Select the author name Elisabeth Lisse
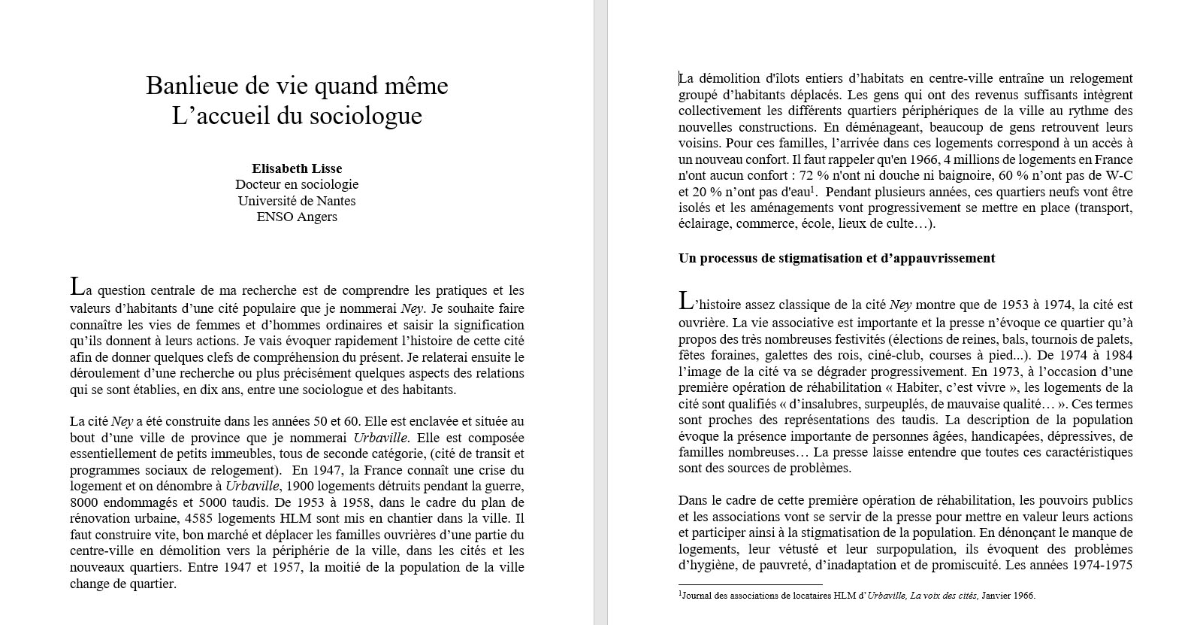click(x=297, y=168)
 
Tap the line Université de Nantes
click(x=297, y=201)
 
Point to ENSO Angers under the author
click(x=297, y=217)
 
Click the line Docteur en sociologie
click(x=297, y=184)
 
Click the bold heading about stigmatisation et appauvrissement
click(x=836, y=258)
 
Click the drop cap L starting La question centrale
click(x=76, y=287)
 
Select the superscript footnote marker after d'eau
click(x=813, y=189)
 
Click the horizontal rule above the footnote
click(x=750, y=584)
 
